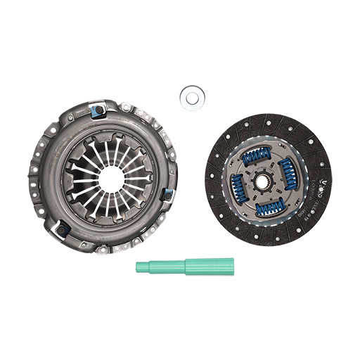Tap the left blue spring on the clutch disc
tap(239, 185)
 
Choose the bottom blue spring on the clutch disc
tap(271, 206)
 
